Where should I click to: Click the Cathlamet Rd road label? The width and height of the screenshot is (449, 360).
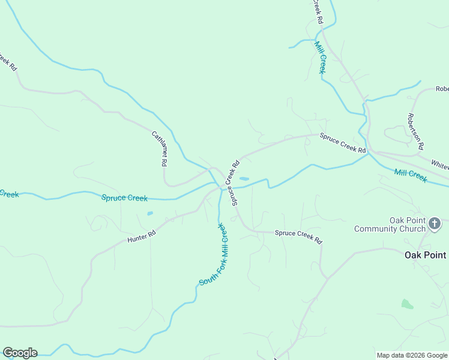(x=160, y=148)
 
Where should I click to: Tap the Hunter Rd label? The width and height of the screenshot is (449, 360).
(x=142, y=236)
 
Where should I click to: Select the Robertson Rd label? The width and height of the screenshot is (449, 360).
(x=415, y=131)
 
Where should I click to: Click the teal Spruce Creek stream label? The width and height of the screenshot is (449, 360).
(x=124, y=197)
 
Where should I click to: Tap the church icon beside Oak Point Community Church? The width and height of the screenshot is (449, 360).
(x=435, y=224)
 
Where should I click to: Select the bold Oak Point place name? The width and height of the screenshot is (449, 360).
(x=425, y=255)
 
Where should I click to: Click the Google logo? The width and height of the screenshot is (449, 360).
(x=20, y=353)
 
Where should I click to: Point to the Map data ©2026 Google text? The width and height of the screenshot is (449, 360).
(x=411, y=355)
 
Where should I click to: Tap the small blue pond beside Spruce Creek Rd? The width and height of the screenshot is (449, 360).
(x=244, y=178)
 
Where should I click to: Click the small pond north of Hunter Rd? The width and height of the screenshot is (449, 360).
(x=149, y=213)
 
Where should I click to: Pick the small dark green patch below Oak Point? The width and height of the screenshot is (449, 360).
(x=408, y=304)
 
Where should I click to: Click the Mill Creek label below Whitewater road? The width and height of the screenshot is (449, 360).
(x=411, y=176)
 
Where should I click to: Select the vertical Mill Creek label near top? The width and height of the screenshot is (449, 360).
(x=321, y=58)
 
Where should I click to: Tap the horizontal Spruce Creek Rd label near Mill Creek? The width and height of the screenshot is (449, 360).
(x=342, y=143)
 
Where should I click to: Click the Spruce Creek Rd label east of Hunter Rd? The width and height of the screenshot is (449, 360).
(x=298, y=237)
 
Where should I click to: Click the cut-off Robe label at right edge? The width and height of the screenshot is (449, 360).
(x=442, y=89)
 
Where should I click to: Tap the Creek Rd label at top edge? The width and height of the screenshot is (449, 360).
(x=317, y=11)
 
